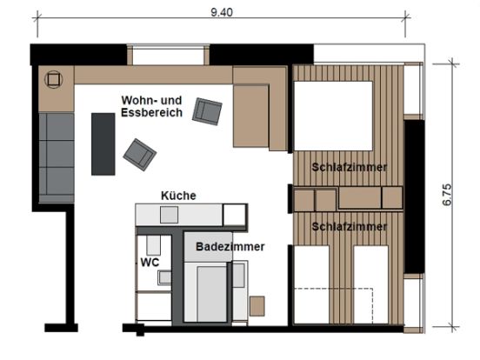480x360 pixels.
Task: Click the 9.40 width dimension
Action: pyautogui.click(x=222, y=12)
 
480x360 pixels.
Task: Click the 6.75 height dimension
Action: pyautogui.click(x=447, y=195)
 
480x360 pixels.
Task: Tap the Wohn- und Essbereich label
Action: pyautogui.click(x=151, y=106)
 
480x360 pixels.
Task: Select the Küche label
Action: pyautogui.click(x=178, y=196)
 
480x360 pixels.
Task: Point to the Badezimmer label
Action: pyautogui.click(x=230, y=246)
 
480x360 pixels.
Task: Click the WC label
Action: pyautogui.click(x=150, y=263)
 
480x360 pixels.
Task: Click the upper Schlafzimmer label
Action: pyautogui.click(x=350, y=168)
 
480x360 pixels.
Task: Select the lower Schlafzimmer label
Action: pyautogui.click(x=350, y=227)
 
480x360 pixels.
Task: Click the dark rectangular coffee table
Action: pyautogui.click(x=103, y=143)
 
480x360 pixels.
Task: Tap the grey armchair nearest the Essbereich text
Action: pyautogui.click(x=207, y=111)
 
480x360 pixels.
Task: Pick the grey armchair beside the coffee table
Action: pyautogui.click(x=140, y=155)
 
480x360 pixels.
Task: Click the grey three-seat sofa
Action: pyautogui.click(x=57, y=157)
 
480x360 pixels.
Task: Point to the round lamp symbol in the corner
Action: pyautogui.click(x=54, y=80)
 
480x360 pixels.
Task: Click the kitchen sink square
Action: pyautogui.click(x=169, y=215)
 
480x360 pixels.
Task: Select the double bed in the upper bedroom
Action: pyautogui.click(x=333, y=116)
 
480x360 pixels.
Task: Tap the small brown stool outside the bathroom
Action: pyautogui.click(x=257, y=306)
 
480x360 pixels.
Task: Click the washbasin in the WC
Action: pyautogui.click(x=164, y=277)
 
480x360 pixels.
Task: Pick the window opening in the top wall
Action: pyautogui.click(x=168, y=55)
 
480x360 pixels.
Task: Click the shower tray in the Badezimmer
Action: pyautogui.click(x=211, y=294)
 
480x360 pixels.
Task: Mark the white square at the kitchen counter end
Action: pyautogui.click(x=235, y=215)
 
